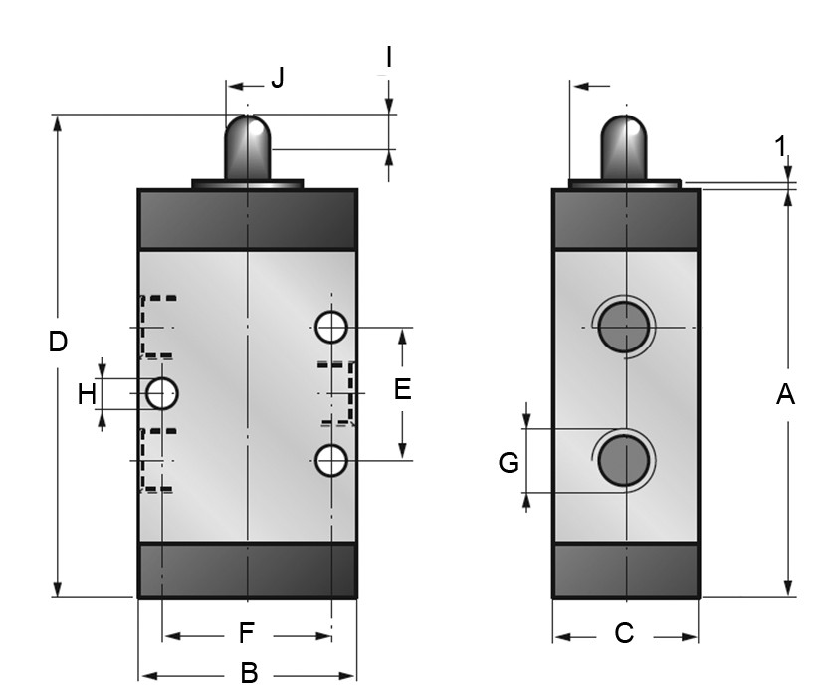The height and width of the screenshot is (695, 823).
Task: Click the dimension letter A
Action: pos(785,395)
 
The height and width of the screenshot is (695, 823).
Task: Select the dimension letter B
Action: pos(249,674)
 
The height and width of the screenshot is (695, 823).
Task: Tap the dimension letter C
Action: pos(624,634)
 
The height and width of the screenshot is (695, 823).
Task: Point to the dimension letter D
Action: pos(58,342)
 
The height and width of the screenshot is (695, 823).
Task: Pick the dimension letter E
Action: pos(402,389)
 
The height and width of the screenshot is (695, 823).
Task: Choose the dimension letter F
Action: pos(248,633)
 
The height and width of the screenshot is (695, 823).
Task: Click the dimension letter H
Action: pos(88,394)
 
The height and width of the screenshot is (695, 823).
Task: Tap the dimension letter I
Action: pos(389,57)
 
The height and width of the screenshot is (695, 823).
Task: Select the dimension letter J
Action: pos(278,78)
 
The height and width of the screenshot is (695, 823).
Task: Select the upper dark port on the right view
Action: pos(624,326)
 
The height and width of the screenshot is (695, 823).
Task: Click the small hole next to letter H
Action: pos(161,394)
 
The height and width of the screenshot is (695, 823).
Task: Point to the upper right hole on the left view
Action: pos(330,325)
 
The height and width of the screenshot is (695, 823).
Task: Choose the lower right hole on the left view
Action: pos(330,459)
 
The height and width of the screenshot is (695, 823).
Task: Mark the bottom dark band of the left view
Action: pos(247,570)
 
